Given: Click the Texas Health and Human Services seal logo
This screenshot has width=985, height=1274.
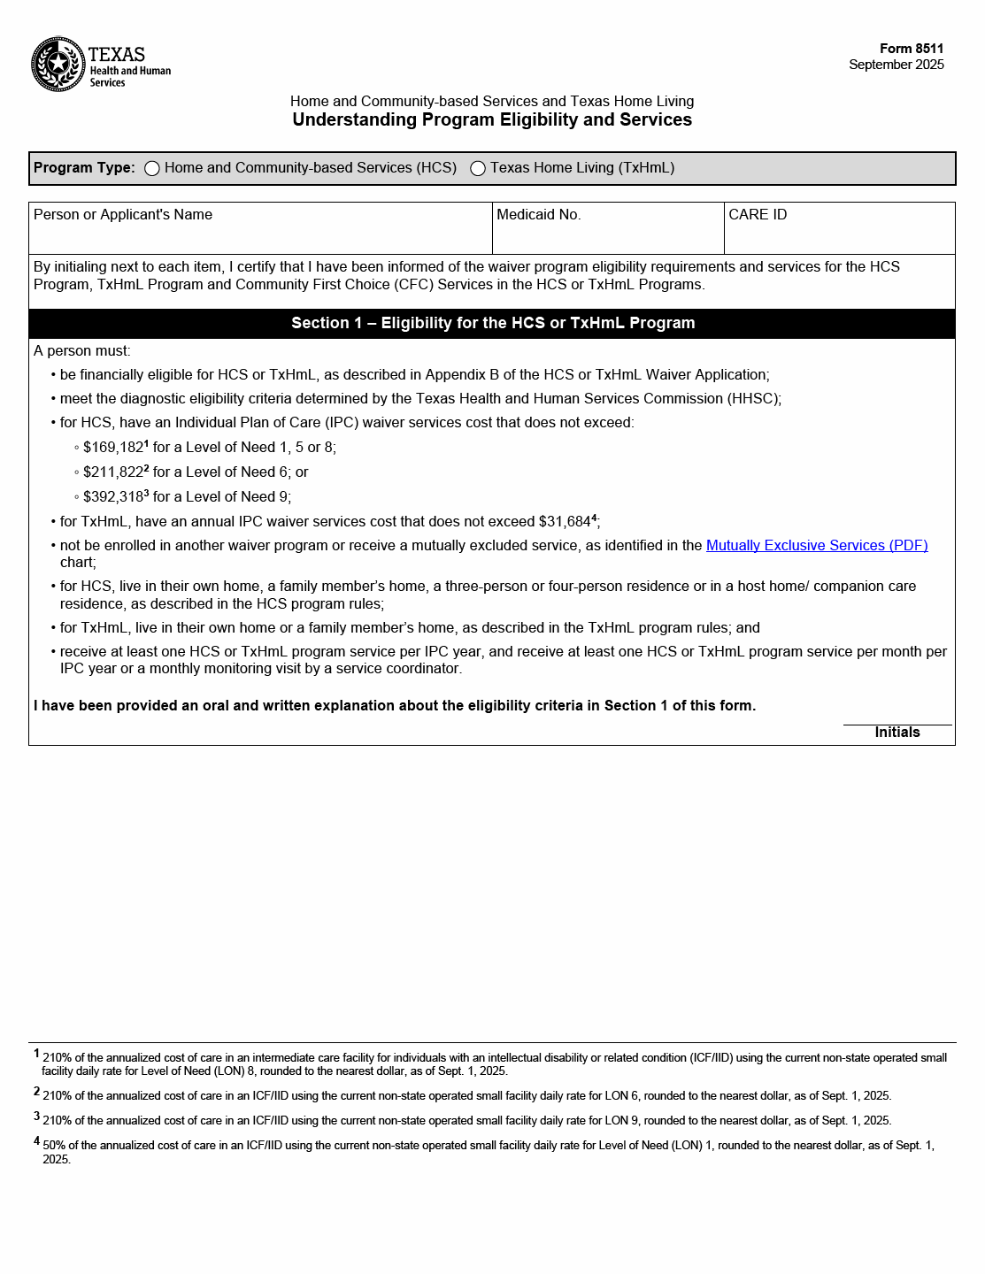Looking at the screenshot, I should pos(58,64).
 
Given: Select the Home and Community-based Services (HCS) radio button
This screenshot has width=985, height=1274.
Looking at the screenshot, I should pos(152,169).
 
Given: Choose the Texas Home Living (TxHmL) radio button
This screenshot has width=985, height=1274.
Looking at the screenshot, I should pos(478,169).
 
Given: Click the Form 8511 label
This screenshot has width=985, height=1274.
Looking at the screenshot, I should pos(912,49).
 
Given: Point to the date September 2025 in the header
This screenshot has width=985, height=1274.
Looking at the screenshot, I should pos(896,65).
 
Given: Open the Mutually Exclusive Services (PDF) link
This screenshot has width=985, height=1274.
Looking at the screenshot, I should pos(817,546).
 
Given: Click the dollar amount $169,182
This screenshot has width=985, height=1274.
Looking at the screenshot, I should pos(113,448).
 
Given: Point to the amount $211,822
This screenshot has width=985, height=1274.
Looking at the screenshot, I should pos(113,472).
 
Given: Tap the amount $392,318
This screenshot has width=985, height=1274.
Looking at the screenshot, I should pos(113,497).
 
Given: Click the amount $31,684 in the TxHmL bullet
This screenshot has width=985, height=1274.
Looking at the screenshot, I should pos(565,522).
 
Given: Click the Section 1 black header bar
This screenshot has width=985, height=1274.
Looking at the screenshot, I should pos(492,324).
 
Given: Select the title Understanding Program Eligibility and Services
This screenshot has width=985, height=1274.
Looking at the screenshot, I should pos(492,120).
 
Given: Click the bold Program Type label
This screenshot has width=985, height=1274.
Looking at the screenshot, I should pos(84,168).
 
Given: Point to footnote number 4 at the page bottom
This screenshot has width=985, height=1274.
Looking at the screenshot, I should pos(37,1141).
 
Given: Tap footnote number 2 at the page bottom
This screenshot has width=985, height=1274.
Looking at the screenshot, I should pos(37,1092).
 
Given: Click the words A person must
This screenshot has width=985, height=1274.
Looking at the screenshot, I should pos(82,351).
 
